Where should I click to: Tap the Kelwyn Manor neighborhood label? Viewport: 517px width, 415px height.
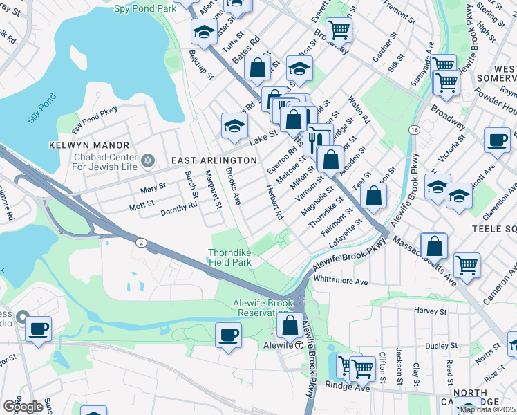tap(89, 145)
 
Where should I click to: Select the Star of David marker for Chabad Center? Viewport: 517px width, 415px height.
tap(147, 161)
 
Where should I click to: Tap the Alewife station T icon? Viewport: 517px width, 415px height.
tap(299, 345)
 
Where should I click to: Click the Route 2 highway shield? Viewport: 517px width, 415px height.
tap(141, 241)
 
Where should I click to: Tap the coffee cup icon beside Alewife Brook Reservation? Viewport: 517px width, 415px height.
tap(229, 335)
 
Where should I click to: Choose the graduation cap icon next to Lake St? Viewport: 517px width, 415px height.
tap(234, 125)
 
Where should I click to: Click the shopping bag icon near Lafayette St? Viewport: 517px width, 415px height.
tap(374, 195)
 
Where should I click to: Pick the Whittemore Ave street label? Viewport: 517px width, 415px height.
tap(341, 282)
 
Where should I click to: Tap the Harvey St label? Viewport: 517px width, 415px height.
tap(426, 311)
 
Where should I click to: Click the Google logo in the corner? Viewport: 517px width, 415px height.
tap(23, 407)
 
